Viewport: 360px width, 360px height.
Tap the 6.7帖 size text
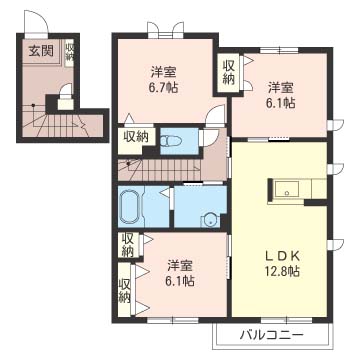pyautogui.click(x=166, y=88)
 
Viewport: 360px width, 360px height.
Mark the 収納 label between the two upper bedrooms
pyautogui.click(x=228, y=70)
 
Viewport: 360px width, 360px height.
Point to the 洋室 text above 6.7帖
pyautogui.click(x=166, y=71)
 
